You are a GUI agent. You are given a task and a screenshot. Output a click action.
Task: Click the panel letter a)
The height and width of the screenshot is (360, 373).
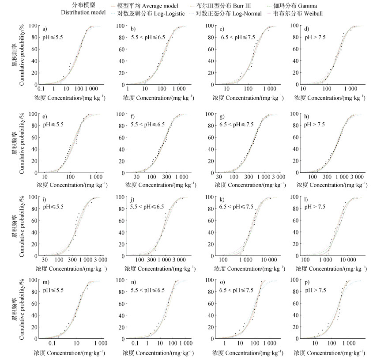[x=45, y=29]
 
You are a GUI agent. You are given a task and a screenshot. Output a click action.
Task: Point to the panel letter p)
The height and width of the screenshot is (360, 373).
[x=309, y=283]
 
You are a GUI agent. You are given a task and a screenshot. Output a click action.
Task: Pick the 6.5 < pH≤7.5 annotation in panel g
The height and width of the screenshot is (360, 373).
[x=238, y=124]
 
